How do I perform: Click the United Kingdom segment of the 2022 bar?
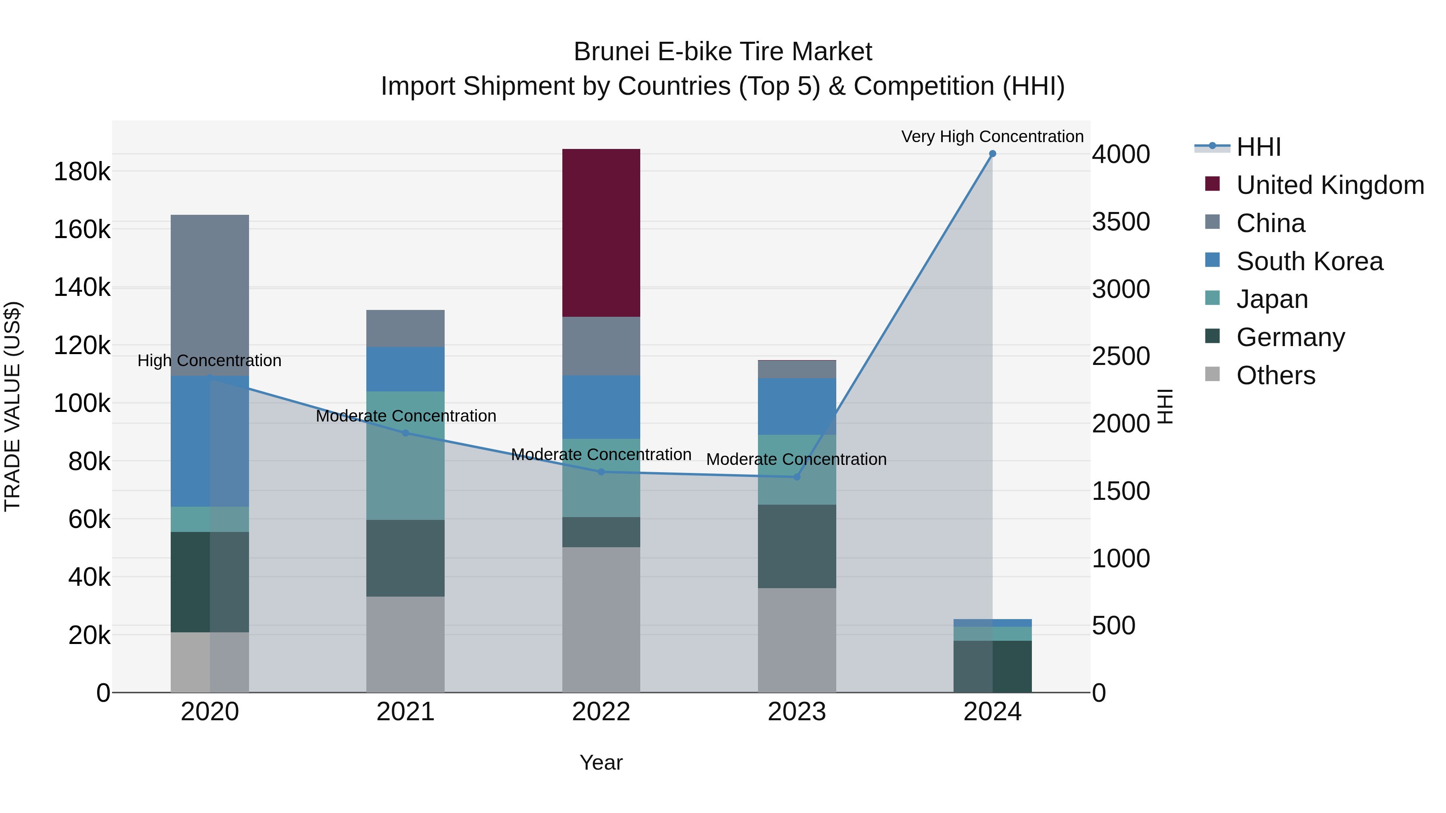coord(601,233)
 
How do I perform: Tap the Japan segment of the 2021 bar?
coord(405,456)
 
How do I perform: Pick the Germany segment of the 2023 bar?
coord(797,546)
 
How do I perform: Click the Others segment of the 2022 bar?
coord(601,619)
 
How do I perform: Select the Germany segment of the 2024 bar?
coord(993,666)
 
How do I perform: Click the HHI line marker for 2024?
coord(993,154)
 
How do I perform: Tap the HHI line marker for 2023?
coord(797,477)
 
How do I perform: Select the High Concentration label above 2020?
coord(209,361)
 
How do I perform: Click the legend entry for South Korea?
coord(1309,261)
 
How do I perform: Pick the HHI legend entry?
coord(1258,147)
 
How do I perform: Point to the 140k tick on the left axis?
coord(82,288)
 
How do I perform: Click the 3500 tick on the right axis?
coord(1120,222)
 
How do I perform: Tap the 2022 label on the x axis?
coord(601,712)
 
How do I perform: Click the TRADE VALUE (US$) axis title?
coord(12,406)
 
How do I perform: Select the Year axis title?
coord(601,762)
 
